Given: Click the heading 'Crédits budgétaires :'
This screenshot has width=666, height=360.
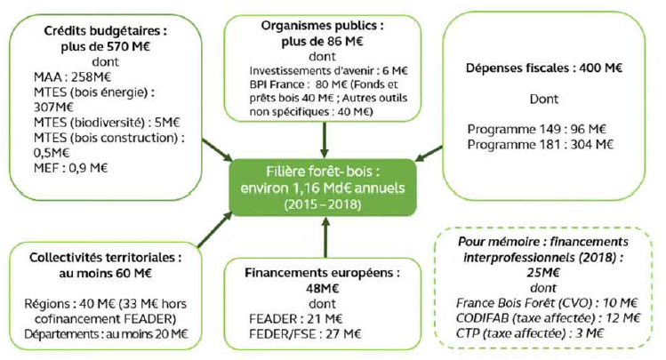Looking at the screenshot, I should point(106,29).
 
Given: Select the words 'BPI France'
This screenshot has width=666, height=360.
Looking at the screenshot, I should point(277,85).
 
